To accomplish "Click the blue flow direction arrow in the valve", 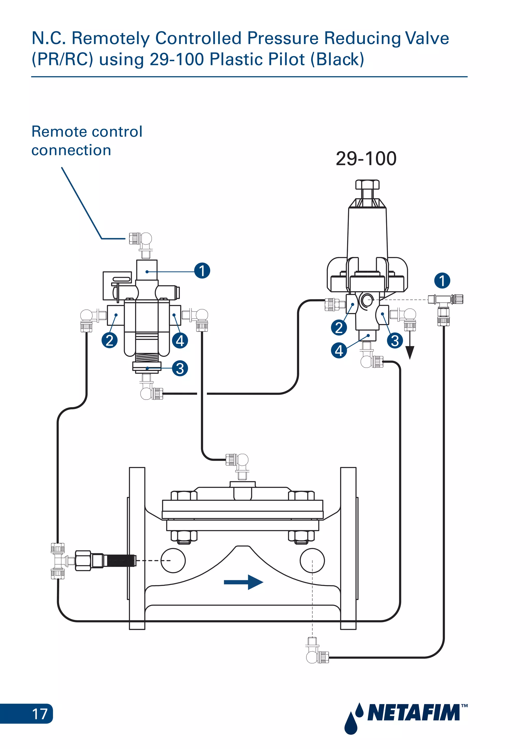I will click(x=244, y=582).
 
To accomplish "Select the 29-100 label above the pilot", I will click(x=366, y=159).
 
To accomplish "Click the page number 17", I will click(x=40, y=714).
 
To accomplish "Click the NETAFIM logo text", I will click(x=414, y=713).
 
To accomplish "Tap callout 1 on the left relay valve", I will click(x=202, y=271).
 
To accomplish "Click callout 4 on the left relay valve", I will click(x=180, y=341).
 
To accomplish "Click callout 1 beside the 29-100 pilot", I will click(x=442, y=281).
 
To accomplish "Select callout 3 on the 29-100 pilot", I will click(x=395, y=341).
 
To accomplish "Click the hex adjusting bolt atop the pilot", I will click(x=367, y=185).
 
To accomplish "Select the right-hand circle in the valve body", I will click(x=312, y=560).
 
